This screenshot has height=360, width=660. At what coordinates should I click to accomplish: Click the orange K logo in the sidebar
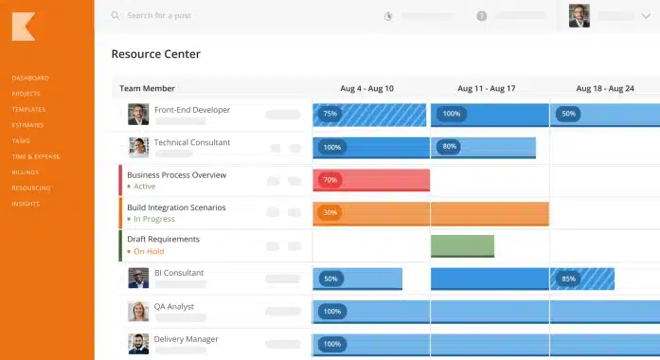pyautogui.click(x=24, y=27)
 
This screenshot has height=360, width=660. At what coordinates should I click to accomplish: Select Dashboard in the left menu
pyautogui.click(x=30, y=78)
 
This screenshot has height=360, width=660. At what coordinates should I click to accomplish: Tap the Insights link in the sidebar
pyautogui.click(x=27, y=204)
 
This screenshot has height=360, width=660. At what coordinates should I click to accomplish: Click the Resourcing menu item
pyautogui.click(x=31, y=188)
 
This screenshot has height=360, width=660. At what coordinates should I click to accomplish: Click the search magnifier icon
pyautogui.click(x=116, y=16)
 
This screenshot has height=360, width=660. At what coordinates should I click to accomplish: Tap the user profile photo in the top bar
pyautogui.click(x=580, y=15)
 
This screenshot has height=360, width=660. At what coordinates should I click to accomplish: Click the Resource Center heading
pyautogui.click(x=155, y=55)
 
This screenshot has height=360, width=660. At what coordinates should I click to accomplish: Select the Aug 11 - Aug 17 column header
pyautogui.click(x=486, y=88)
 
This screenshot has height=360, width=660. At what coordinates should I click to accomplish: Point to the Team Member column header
pyautogui.click(x=147, y=88)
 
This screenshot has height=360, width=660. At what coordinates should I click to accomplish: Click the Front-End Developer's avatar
pyautogui.click(x=138, y=115)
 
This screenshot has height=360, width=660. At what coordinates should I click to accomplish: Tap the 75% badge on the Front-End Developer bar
pyautogui.click(x=330, y=114)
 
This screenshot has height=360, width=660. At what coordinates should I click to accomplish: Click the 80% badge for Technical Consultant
pyautogui.click(x=449, y=147)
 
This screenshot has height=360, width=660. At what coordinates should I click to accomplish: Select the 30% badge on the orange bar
pyautogui.click(x=330, y=212)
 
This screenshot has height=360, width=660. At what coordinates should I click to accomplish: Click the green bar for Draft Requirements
pyautogui.click(x=462, y=245)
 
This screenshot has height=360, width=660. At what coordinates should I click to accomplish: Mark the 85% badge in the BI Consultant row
pyautogui.click(x=568, y=279)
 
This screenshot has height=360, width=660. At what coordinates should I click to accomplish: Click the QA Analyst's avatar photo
pyautogui.click(x=138, y=311)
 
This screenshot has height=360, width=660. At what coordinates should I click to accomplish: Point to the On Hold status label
pyautogui.click(x=148, y=251)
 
